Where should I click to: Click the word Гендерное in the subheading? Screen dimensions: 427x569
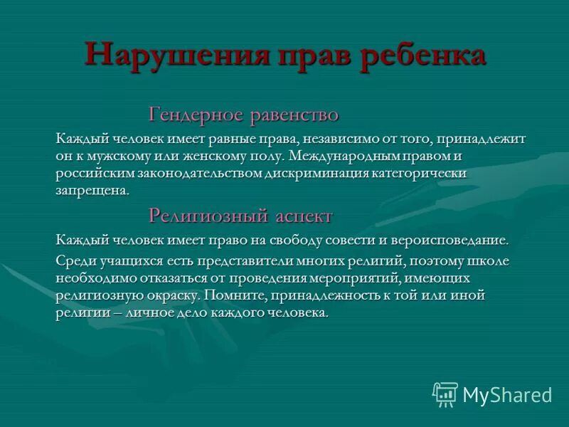pyautogui.click(x=194, y=115)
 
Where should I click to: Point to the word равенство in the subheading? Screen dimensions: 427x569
pyautogui.click(x=293, y=115)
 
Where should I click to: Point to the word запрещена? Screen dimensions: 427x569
pyautogui.click(x=92, y=191)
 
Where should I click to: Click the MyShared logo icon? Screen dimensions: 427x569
pyautogui.click(x=445, y=394)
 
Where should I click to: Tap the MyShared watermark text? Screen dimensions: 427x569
pyautogui.click(x=507, y=394)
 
